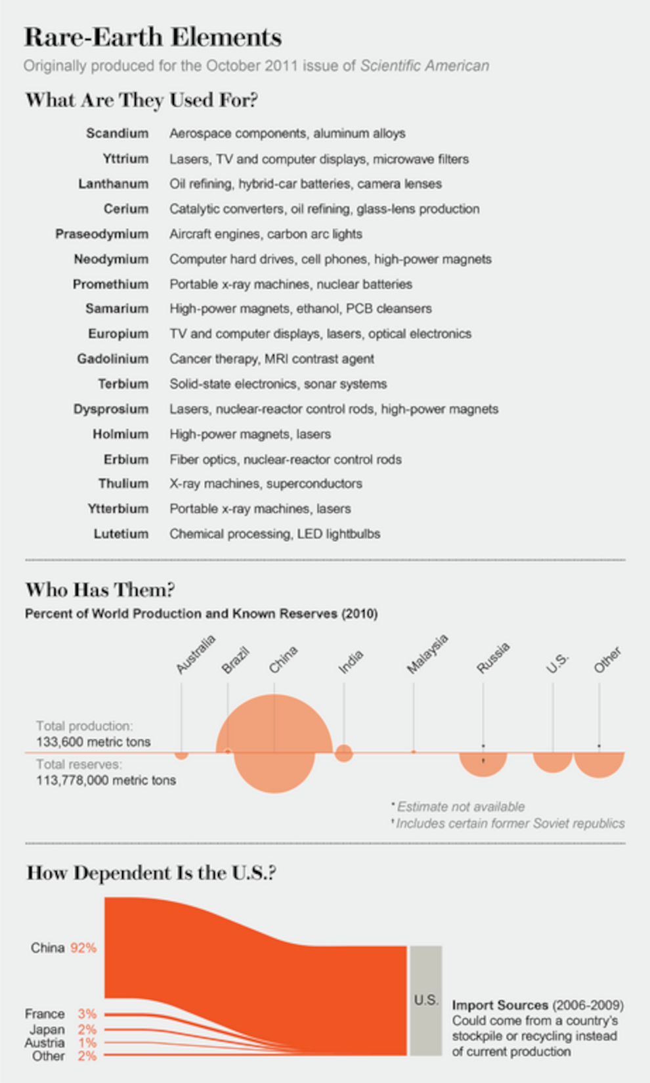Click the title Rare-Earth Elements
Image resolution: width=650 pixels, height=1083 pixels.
tap(153, 37)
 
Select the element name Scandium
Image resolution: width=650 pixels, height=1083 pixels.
tap(118, 133)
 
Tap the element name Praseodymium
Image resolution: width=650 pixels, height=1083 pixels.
tap(102, 234)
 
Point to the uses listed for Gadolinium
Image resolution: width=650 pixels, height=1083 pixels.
tap(272, 359)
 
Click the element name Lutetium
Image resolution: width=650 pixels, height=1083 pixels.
tap(121, 534)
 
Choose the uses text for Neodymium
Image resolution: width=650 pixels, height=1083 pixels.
tap(330, 259)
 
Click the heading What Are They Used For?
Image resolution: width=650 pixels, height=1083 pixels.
tap(142, 100)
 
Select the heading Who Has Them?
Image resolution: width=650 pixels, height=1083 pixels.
tap(100, 590)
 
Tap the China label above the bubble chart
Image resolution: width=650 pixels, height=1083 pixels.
tap(283, 659)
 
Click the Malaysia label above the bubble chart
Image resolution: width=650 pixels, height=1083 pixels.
tap(427, 653)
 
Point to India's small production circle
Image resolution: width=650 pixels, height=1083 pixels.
tap(343, 753)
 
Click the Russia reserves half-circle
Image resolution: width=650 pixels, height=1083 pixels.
tap(483, 764)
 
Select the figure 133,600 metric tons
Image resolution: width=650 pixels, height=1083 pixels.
tap(93, 741)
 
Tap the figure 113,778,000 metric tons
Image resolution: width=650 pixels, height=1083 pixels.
tap(106, 780)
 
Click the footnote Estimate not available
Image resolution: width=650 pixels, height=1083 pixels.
tap(460, 807)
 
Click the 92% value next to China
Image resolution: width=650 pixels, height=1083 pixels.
tap(83, 948)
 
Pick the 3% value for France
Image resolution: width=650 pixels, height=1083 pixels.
tap(87, 1013)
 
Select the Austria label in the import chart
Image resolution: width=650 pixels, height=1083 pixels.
tap(45, 1042)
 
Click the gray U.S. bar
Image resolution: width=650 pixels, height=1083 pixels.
tap(425, 1000)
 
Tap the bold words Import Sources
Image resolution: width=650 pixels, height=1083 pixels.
tap(500, 1005)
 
